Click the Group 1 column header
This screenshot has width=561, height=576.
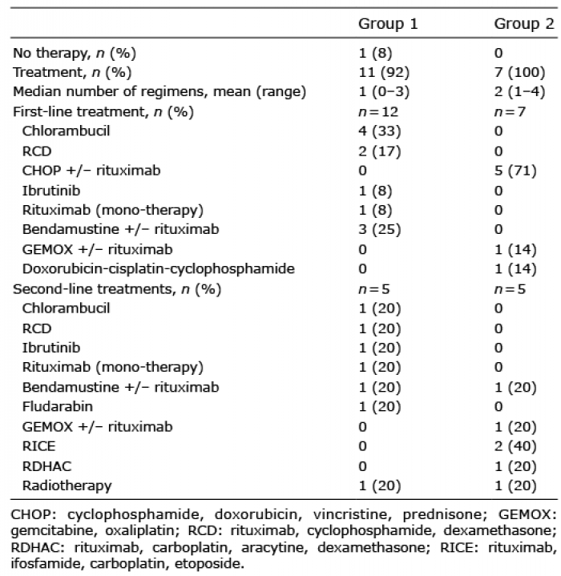388,23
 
